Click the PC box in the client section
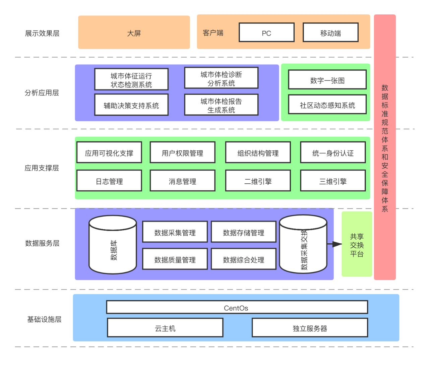(266, 33)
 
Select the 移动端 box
(330, 33)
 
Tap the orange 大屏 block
(134, 33)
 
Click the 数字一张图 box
(327, 80)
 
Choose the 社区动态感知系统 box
(327, 105)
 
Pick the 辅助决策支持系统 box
(131, 105)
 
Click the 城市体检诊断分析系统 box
(221, 78)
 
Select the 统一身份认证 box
(333, 152)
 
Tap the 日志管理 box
(109, 181)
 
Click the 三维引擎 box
(333, 181)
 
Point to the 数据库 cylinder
(113, 245)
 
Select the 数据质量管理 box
(175, 259)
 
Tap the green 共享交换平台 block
(357, 244)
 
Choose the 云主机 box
(165, 328)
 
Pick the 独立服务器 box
(310, 328)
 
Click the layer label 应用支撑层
(42, 168)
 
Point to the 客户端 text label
(213, 33)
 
